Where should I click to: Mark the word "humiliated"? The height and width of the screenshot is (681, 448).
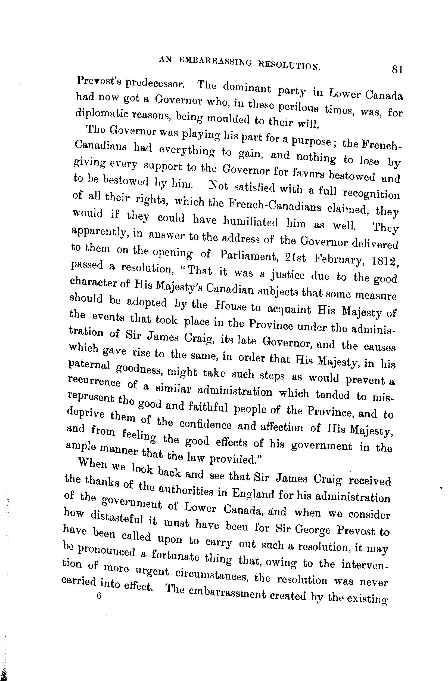[251, 221]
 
